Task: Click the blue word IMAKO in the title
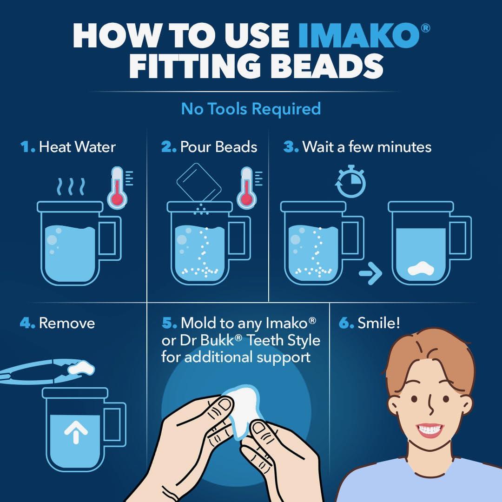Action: (x=359, y=35)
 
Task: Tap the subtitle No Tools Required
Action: (x=251, y=109)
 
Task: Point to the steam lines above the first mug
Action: (x=71, y=186)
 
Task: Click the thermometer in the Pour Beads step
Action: (x=247, y=188)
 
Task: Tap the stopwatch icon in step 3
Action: (x=350, y=182)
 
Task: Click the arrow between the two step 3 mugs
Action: (x=370, y=273)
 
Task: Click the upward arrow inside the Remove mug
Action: (x=76, y=432)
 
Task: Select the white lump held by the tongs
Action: (x=81, y=368)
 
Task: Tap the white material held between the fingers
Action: (x=243, y=410)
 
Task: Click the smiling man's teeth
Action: (x=430, y=429)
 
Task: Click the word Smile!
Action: (x=379, y=323)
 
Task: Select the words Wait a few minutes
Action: (x=367, y=147)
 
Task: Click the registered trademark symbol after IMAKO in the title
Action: (x=425, y=28)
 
